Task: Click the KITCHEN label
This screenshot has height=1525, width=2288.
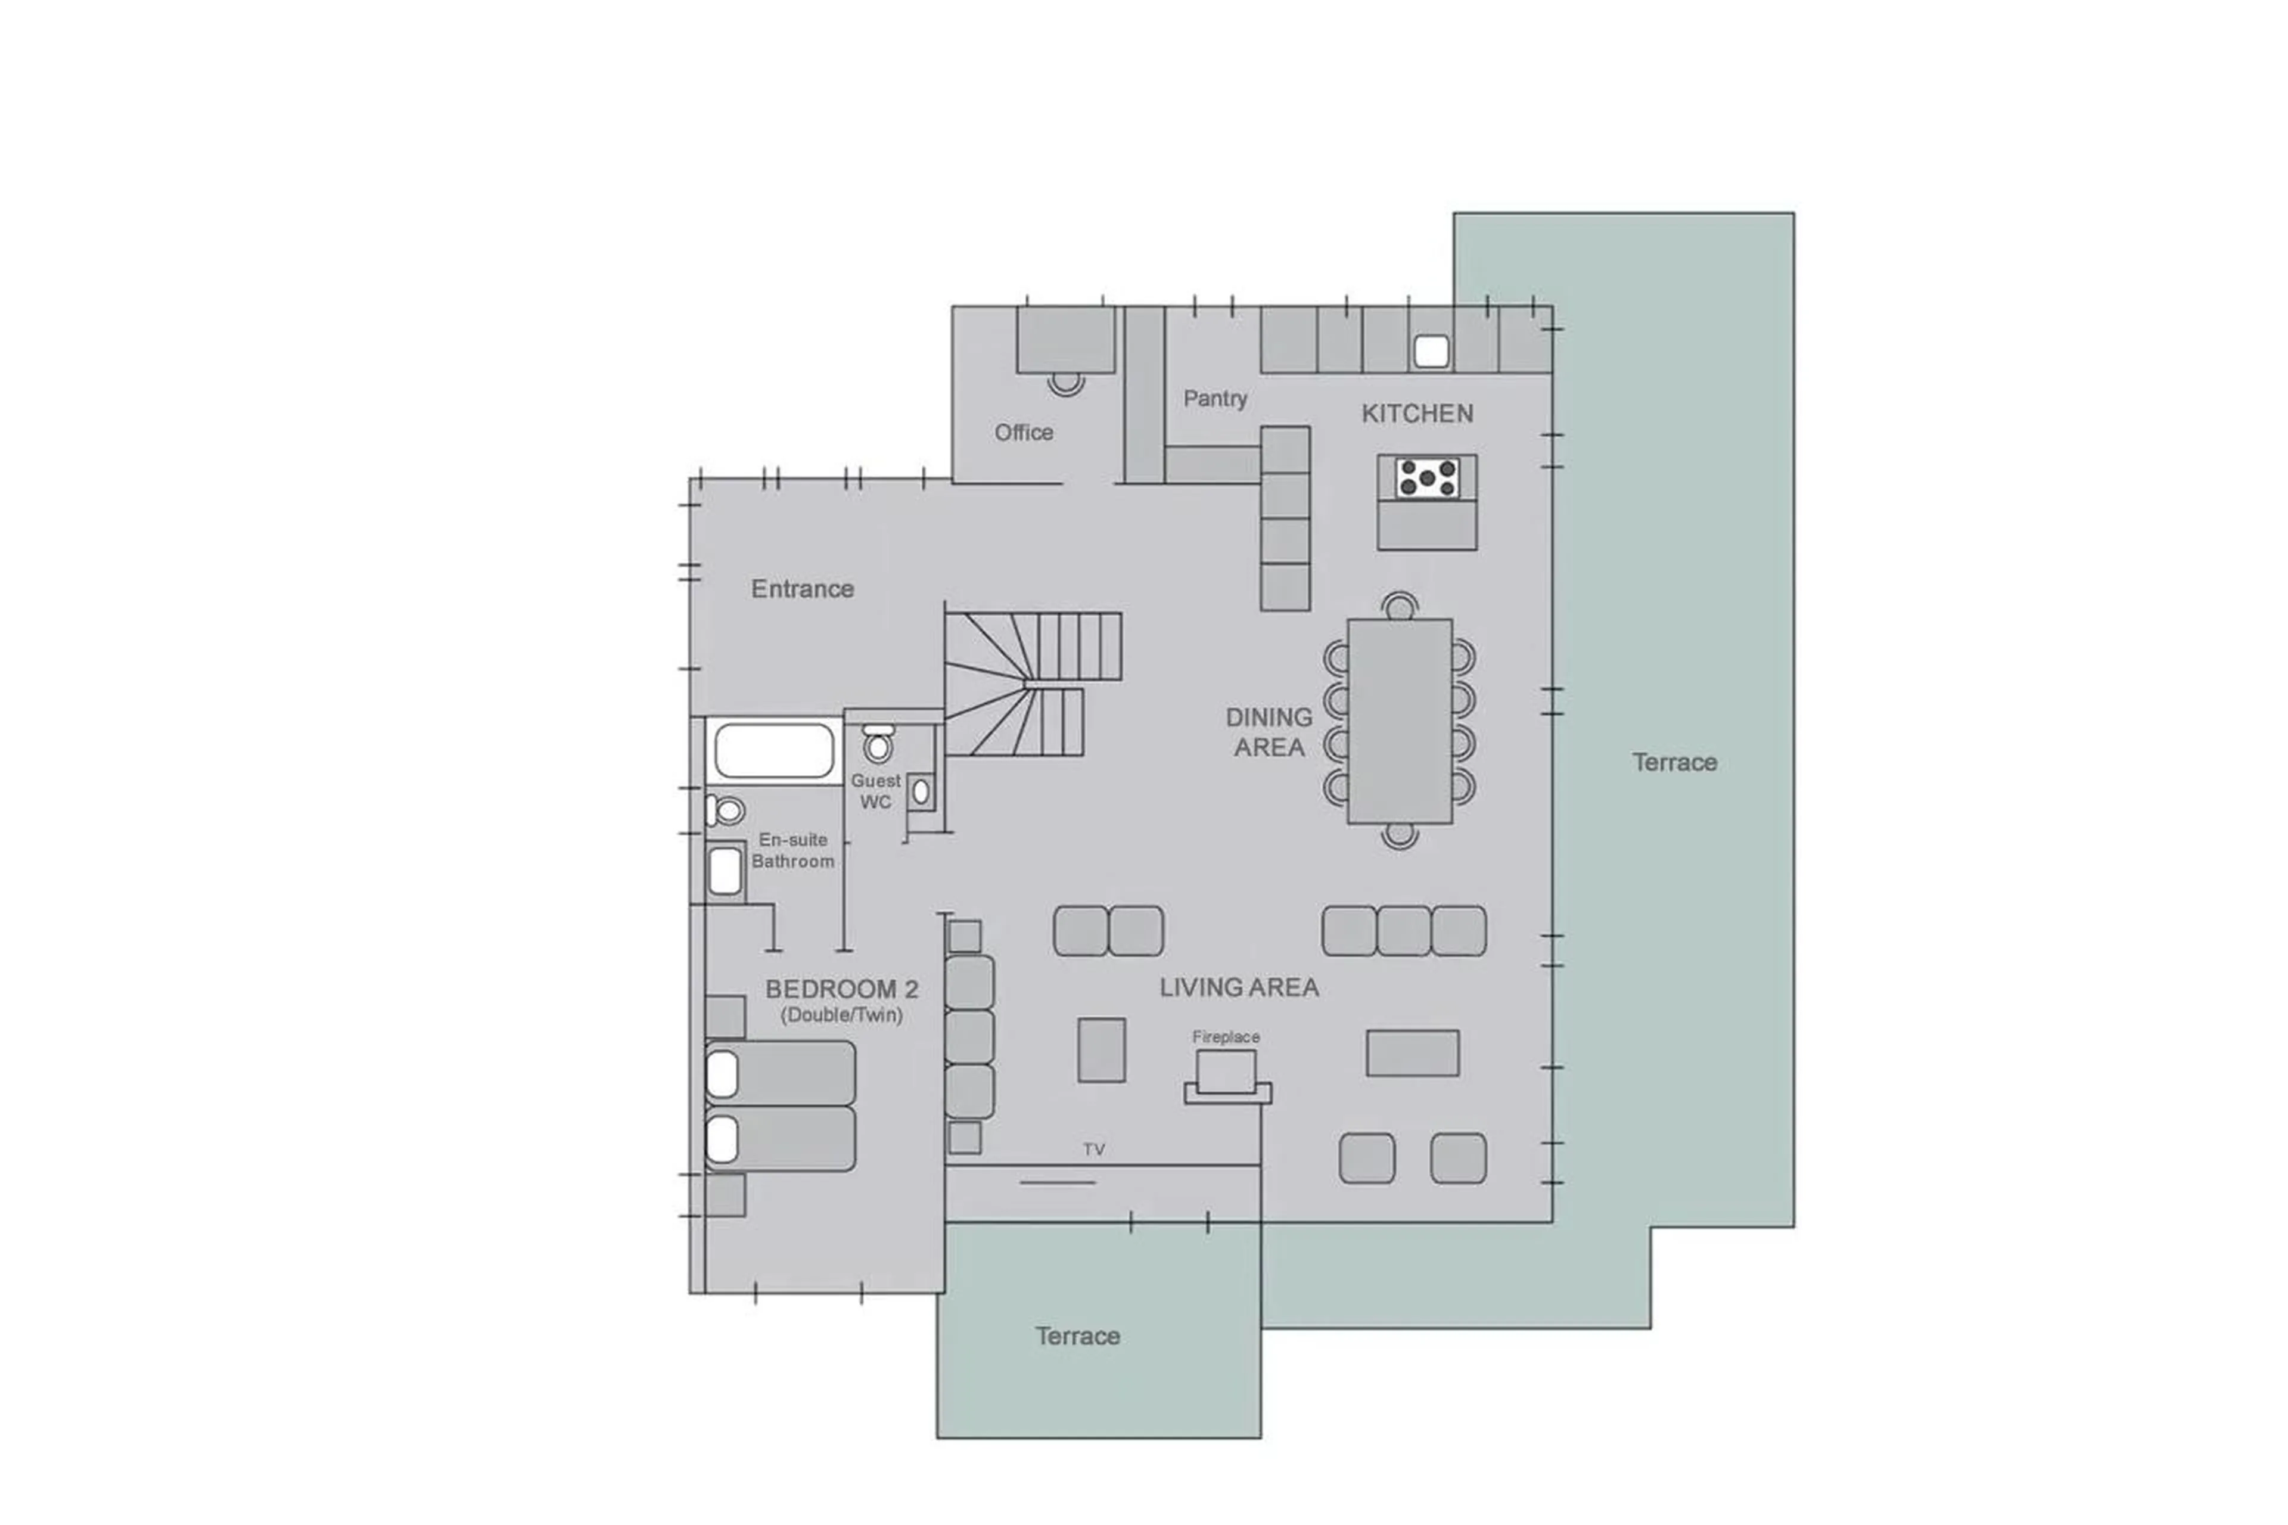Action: coord(1416,414)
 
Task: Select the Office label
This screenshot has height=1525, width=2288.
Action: coord(1023,432)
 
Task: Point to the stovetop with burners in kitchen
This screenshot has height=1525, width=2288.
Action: coord(1426,479)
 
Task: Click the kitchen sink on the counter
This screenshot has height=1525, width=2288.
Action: coord(1431,351)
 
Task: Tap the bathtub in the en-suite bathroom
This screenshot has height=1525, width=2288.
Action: coord(774,751)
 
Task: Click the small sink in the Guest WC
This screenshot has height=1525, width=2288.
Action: coord(920,791)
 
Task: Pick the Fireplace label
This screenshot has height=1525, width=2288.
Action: coord(1225,1037)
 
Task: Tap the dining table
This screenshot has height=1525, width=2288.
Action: coord(1398,720)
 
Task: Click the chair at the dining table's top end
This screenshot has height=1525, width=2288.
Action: coord(1398,606)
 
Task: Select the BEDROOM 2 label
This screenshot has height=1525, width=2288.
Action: coord(841,989)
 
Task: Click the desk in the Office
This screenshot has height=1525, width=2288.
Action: coord(1065,340)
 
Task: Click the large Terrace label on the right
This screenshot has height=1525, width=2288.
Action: coord(1674,763)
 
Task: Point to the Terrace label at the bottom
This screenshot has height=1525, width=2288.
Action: coord(1077,1336)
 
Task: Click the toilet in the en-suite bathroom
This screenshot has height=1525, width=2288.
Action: coord(728,810)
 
